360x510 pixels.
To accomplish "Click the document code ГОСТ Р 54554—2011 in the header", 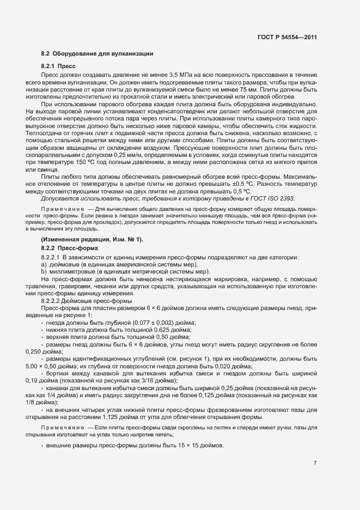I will (x=287, y=37).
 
